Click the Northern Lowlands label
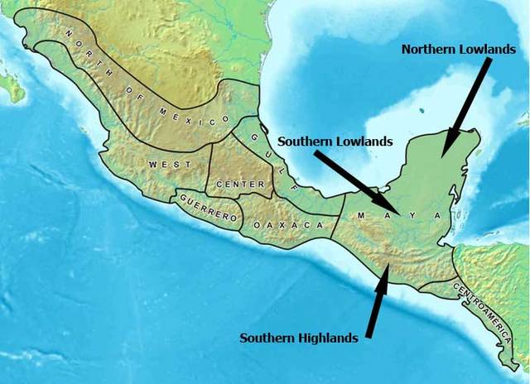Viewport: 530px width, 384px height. point(458,49)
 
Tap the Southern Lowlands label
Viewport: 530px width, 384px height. point(335,142)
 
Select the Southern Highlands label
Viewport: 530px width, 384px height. point(299,337)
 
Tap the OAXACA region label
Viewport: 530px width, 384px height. point(287,225)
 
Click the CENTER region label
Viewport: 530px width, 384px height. point(238,183)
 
